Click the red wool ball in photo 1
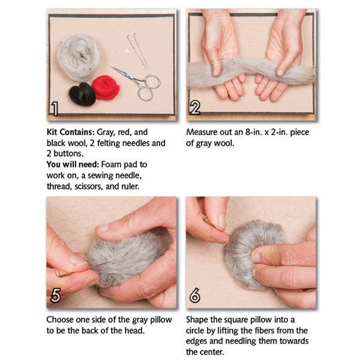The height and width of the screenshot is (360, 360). [x=106, y=88]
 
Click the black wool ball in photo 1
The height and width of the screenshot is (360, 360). [x=82, y=94]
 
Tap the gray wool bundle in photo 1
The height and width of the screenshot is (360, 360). [x=79, y=57]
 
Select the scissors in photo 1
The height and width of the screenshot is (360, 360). [x=139, y=82]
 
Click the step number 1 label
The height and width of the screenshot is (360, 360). [x=55, y=109]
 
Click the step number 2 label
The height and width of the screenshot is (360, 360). [x=194, y=109]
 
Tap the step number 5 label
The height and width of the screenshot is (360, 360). [x=55, y=295]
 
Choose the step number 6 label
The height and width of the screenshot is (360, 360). [x=194, y=295]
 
